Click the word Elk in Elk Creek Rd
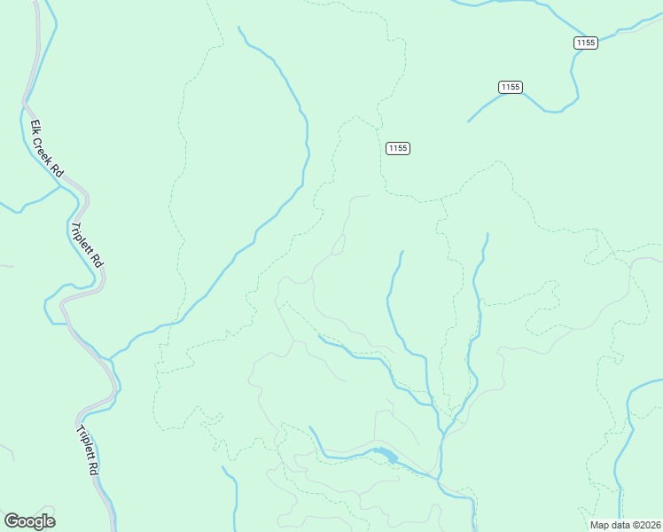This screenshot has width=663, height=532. click(35, 127)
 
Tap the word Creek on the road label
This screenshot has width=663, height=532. click(44, 147)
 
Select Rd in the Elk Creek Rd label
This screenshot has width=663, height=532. click(57, 168)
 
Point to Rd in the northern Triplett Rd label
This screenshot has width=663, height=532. click(99, 262)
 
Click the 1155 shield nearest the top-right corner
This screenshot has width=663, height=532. click(585, 43)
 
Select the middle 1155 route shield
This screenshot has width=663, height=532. click(510, 86)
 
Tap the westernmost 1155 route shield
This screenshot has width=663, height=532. click(398, 148)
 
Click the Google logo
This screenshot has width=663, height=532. click(29, 521)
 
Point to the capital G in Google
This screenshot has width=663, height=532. click(11, 521)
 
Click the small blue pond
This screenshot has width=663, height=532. click(386, 456)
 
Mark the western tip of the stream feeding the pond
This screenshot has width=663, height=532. click(309, 427)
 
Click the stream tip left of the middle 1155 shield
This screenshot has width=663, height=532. click(469, 121)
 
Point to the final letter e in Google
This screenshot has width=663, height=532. click(50, 522)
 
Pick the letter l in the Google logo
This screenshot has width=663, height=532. click(43, 521)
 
